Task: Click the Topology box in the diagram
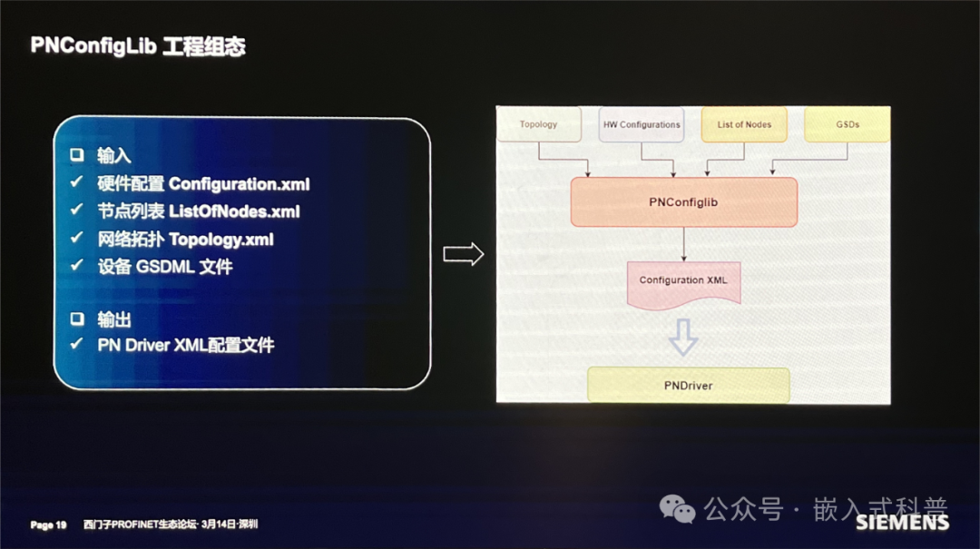(x=538, y=124)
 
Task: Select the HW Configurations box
(x=641, y=124)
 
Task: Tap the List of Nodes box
(x=744, y=124)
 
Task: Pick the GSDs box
(x=848, y=124)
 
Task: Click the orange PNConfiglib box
(x=683, y=201)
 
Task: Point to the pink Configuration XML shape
(x=683, y=281)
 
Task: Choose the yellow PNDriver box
(x=688, y=386)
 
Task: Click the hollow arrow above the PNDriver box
(x=682, y=336)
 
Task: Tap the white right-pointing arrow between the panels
(x=463, y=255)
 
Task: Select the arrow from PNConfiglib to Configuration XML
(x=683, y=243)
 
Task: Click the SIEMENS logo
(x=902, y=523)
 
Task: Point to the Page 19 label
(x=48, y=525)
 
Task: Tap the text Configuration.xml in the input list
(x=239, y=184)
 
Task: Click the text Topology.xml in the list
(x=220, y=240)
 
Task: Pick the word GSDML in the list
(x=165, y=267)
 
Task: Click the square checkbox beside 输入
(x=76, y=156)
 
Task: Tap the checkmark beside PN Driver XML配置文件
(x=76, y=345)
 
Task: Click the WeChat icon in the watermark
(x=677, y=509)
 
